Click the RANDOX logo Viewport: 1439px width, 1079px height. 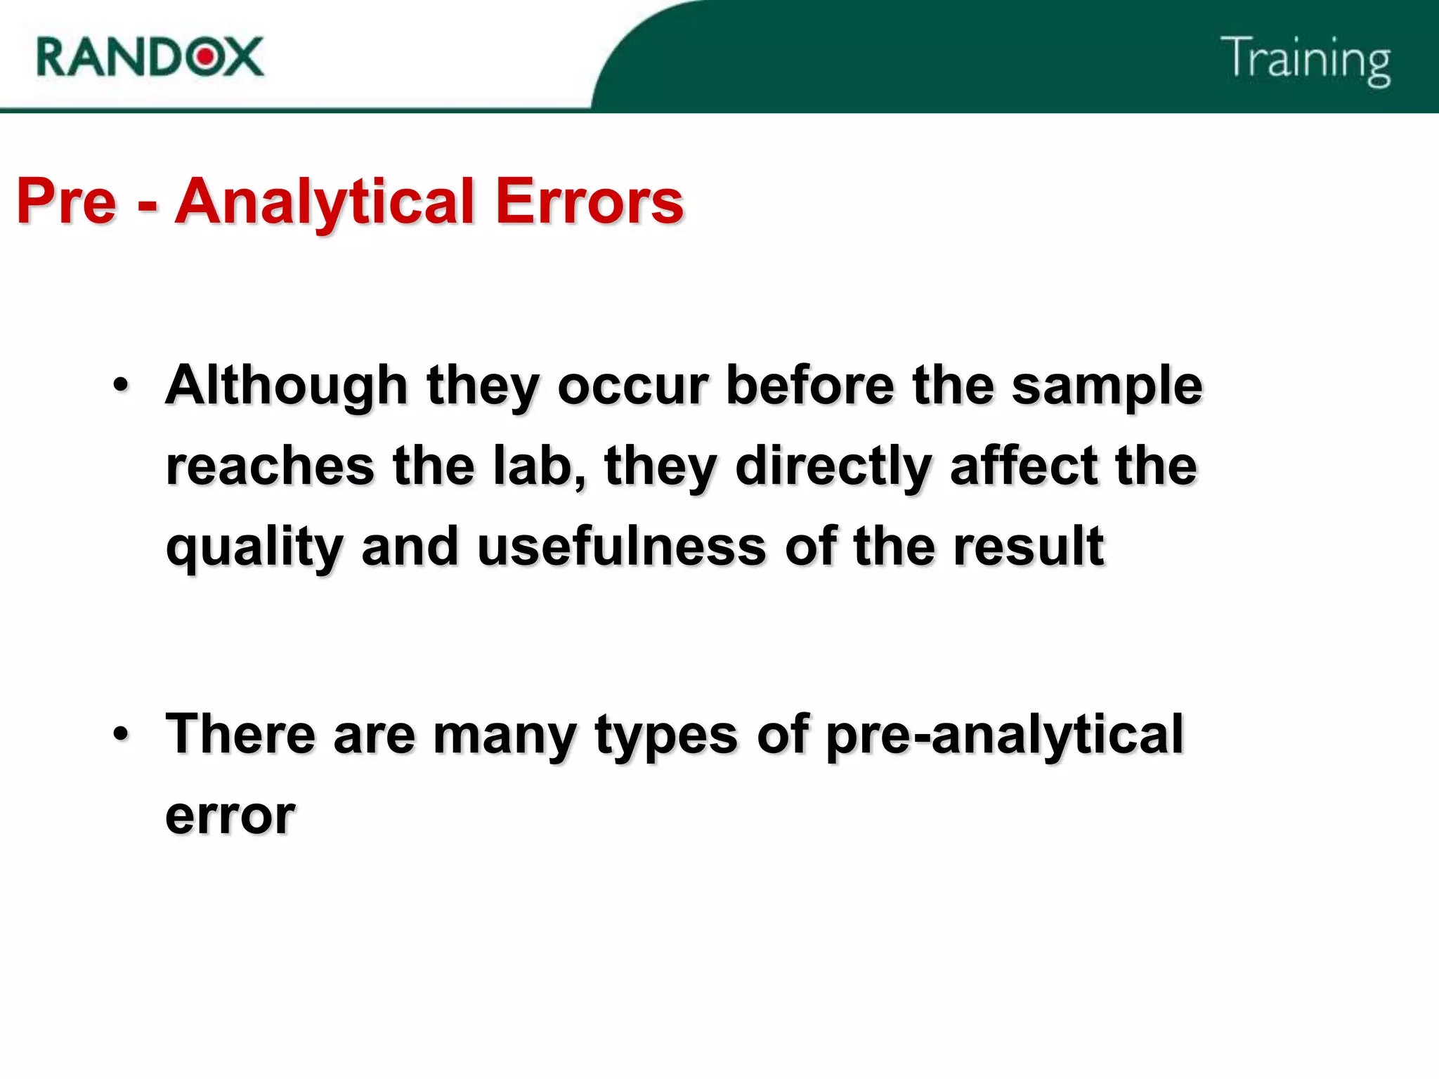150,57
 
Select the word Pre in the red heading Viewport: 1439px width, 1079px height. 66,202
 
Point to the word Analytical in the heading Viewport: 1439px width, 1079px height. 325,202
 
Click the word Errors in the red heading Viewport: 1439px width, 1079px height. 589,202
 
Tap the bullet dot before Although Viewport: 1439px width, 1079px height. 121,385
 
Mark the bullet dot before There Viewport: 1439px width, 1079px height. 121,733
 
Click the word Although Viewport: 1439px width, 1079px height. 287,386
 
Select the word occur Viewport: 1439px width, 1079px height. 633,386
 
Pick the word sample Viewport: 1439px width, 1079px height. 1107,386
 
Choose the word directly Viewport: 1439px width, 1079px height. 833,467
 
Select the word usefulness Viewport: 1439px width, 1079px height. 621,547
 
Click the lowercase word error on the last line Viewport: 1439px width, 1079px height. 230,816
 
